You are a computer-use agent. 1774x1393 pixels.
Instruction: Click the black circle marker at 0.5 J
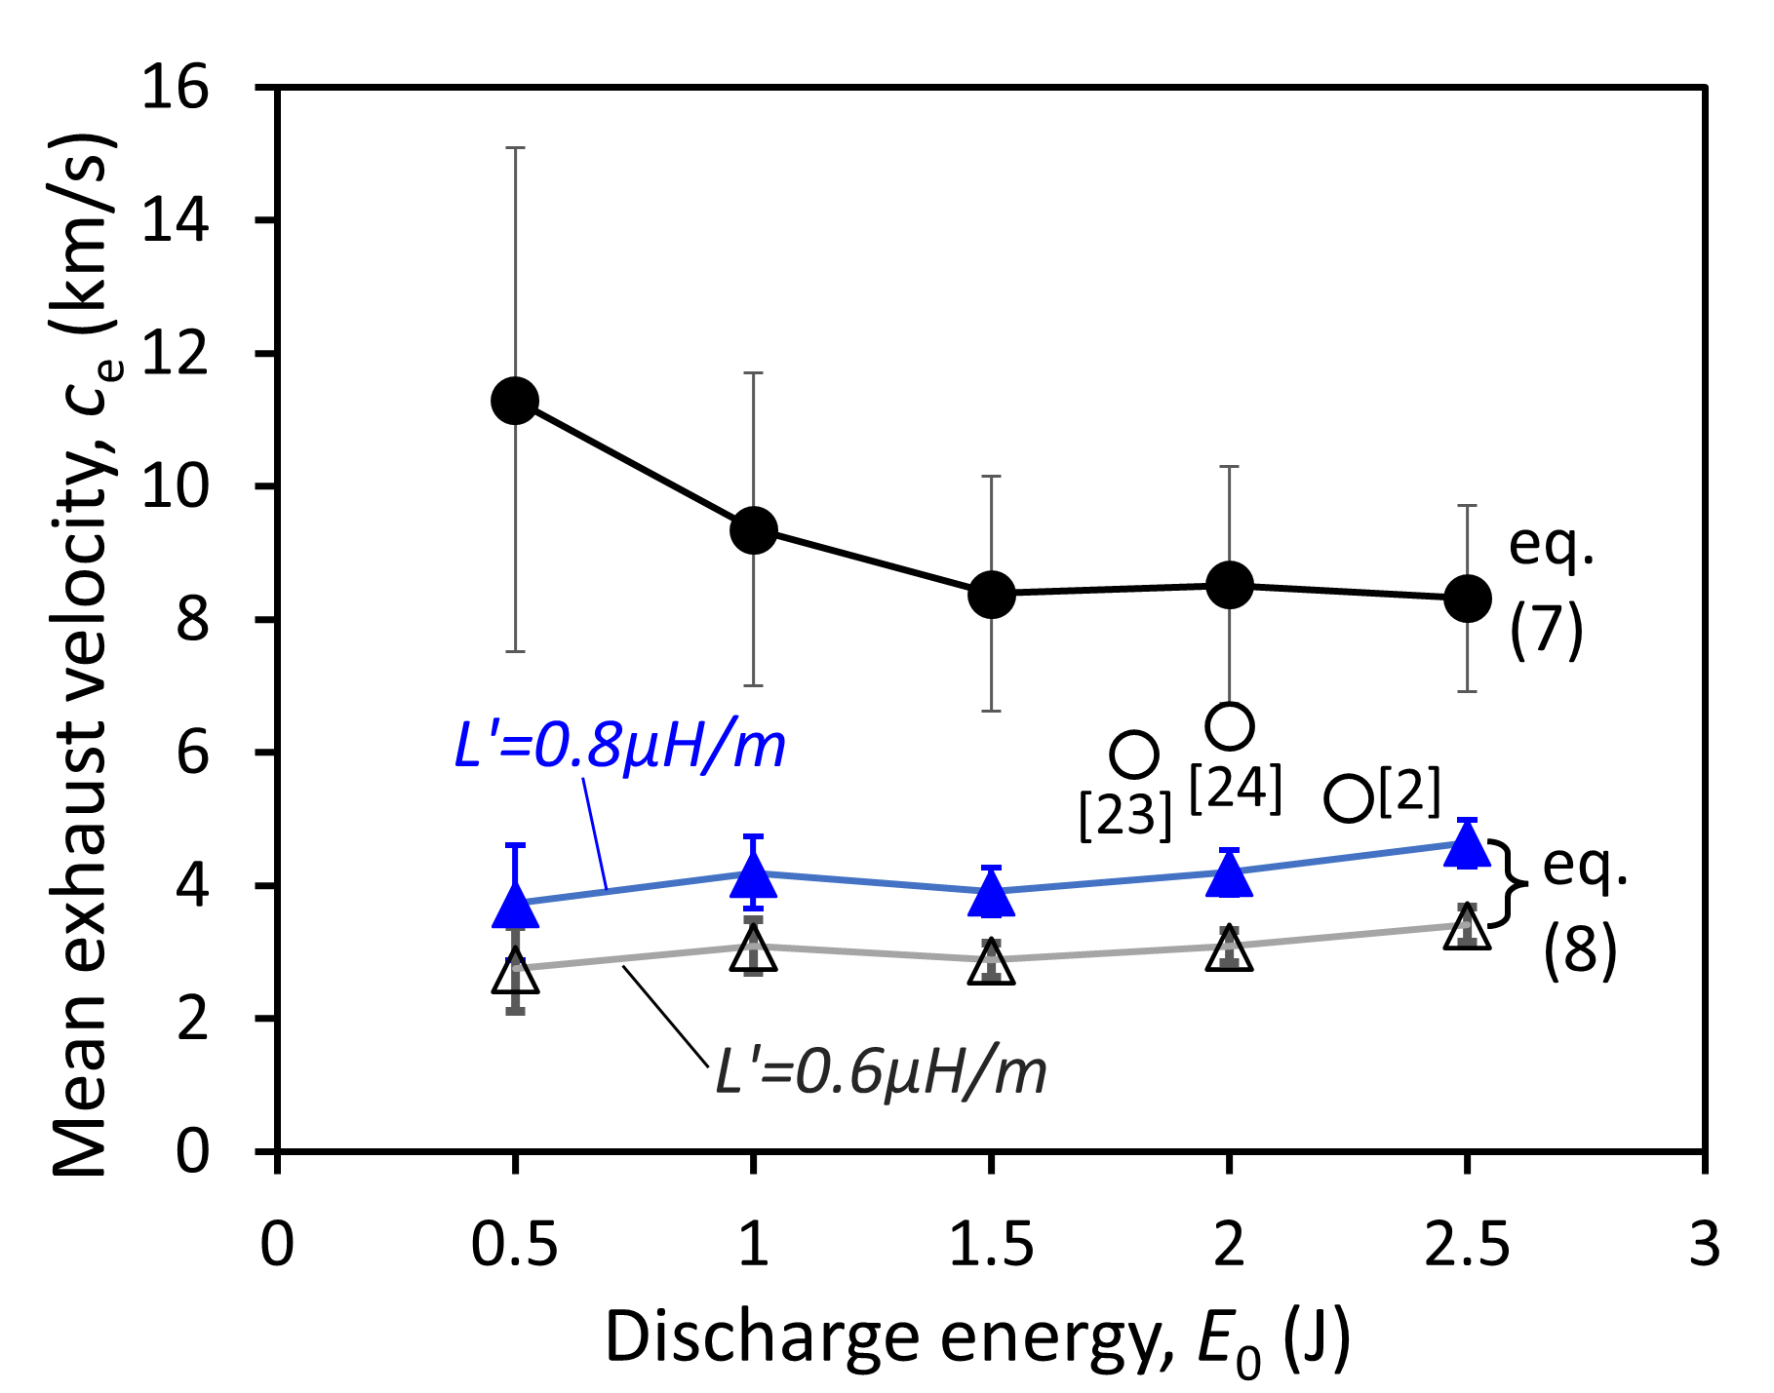(515, 400)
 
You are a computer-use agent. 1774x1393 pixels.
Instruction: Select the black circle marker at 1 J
(753, 530)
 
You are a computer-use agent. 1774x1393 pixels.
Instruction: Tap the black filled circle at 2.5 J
(1467, 598)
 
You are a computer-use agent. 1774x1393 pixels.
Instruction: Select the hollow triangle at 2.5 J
(1468, 928)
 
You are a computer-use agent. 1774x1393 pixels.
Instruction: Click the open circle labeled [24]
(1229, 725)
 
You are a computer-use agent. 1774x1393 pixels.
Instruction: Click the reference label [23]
(1124, 814)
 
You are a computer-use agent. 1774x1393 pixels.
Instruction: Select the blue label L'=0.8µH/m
(619, 748)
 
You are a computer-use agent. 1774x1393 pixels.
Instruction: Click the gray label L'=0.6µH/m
(881, 1072)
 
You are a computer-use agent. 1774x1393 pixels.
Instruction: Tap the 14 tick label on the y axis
(175, 220)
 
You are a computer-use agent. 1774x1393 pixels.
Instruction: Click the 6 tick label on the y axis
(193, 753)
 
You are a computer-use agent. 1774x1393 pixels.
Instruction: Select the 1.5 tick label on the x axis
(991, 1245)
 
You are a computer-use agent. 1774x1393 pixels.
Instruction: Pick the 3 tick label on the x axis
(1704, 1245)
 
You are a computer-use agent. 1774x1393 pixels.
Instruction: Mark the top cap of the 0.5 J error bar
(515, 148)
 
